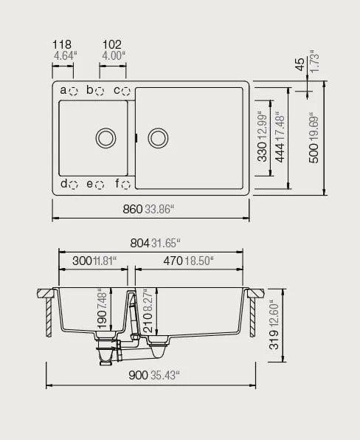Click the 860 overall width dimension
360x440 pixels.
click(132, 210)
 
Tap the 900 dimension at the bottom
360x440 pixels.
click(139, 375)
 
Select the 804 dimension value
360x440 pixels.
click(140, 242)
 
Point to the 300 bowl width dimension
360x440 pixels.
click(83, 260)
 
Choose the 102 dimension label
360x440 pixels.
click(112, 44)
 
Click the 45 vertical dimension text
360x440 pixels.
click(300, 64)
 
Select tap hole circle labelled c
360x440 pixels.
click(125, 91)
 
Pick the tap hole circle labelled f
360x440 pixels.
click(125, 185)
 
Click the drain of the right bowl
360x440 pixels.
click(158, 137)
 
